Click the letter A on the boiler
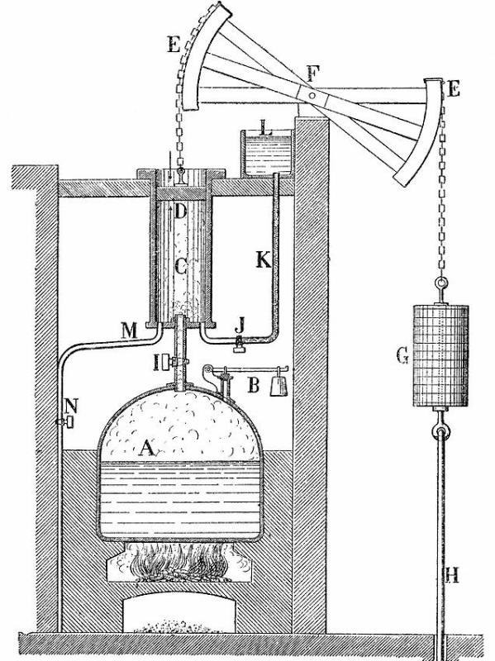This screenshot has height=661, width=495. pyautogui.click(x=147, y=448)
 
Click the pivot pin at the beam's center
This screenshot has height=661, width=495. pyautogui.click(x=312, y=96)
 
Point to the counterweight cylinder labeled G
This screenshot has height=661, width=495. pyautogui.click(x=440, y=355)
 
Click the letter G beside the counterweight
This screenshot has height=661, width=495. pyautogui.click(x=402, y=356)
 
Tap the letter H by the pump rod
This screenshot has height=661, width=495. pyautogui.click(x=452, y=575)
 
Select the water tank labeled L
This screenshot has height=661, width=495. pyautogui.click(x=266, y=153)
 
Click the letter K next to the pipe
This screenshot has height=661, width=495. pyautogui.click(x=264, y=259)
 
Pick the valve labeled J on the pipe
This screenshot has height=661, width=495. pyautogui.click(x=240, y=345)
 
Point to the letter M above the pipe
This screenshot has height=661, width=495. pyautogui.click(x=130, y=331)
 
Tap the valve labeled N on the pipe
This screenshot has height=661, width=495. pyautogui.click(x=66, y=421)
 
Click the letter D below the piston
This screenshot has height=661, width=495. pyautogui.click(x=179, y=212)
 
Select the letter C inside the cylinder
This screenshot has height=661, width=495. pyautogui.click(x=181, y=266)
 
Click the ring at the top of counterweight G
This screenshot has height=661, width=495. pyautogui.click(x=441, y=282)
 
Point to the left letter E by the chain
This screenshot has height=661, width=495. pyautogui.click(x=174, y=44)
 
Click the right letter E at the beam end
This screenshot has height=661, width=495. pyautogui.click(x=455, y=90)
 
